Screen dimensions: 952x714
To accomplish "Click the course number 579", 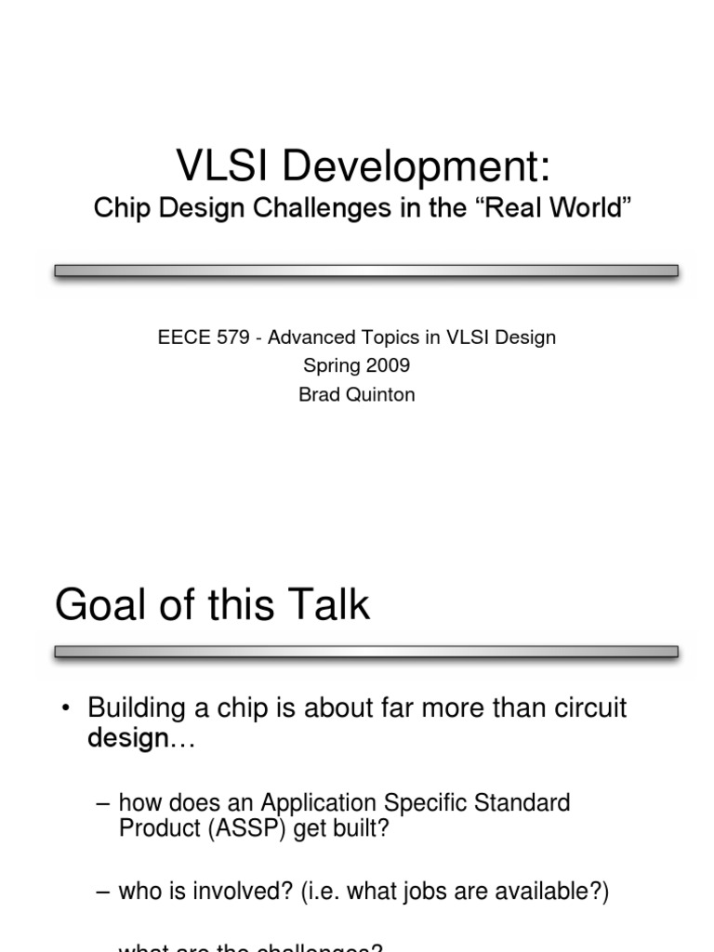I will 232,337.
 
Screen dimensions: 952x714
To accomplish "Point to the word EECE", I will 181,337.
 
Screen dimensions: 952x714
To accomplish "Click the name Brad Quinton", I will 357,394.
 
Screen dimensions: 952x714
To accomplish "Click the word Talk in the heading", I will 326,605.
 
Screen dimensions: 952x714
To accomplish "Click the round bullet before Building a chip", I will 66,709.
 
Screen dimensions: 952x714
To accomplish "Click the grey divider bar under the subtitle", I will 366,271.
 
